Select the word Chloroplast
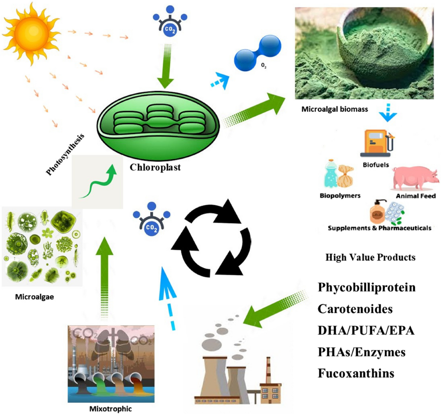click(155, 168)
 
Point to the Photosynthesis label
click(65, 154)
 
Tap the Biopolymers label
click(340, 195)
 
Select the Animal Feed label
click(416, 196)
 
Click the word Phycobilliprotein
click(366, 287)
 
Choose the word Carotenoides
click(355, 309)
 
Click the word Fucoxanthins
click(356, 373)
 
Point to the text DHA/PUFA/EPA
click(366, 330)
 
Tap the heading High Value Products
click(370, 257)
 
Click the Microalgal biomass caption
click(334, 109)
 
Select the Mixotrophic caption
click(110, 408)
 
